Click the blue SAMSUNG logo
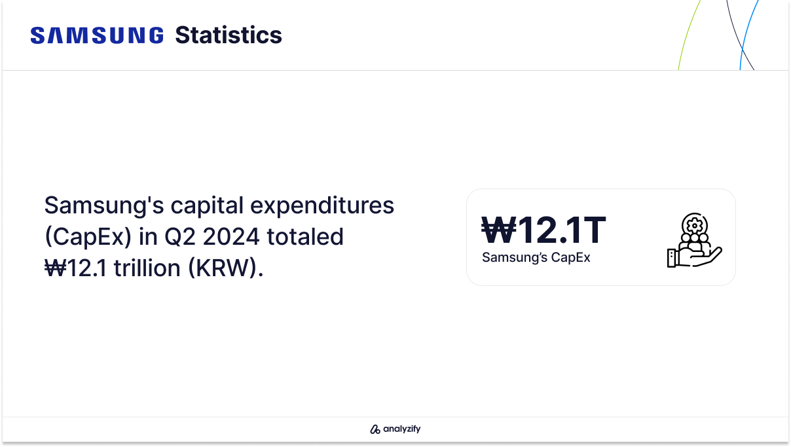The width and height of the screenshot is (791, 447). (x=97, y=35)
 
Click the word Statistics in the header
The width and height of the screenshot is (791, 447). (x=229, y=35)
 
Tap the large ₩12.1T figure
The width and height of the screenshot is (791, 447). (x=543, y=230)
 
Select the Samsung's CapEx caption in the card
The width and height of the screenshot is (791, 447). (x=536, y=257)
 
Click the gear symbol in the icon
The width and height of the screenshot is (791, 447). (x=694, y=225)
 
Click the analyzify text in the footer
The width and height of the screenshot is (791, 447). (x=402, y=429)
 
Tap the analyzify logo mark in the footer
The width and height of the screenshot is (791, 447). (x=375, y=429)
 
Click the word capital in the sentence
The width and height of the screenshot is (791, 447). (x=208, y=206)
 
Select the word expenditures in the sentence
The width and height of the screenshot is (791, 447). (x=322, y=206)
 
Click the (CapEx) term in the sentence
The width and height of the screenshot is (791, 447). (x=88, y=237)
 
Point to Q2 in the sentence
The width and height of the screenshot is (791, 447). (x=180, y=237)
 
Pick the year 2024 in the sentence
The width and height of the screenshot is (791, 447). (x=231, y=237)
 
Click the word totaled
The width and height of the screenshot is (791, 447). (x=305, y=237)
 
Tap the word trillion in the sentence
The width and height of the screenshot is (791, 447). (x=147, y=268)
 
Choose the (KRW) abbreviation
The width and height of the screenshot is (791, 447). (x=226, y=268)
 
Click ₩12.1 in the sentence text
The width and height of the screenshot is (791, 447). (x=75, y=268)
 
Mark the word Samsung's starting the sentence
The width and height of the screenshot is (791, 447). (x=104, y=206)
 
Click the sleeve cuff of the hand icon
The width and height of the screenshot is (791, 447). (x=671, y=259)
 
